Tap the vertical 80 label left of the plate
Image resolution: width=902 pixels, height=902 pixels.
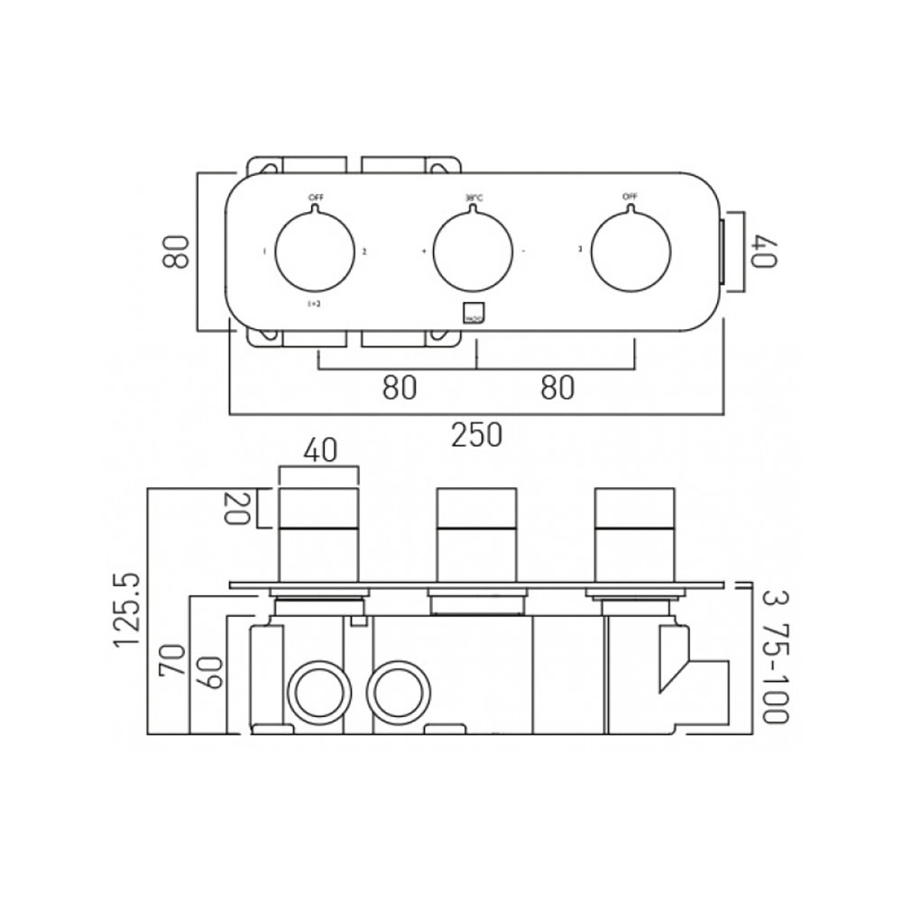(x=176, y=252)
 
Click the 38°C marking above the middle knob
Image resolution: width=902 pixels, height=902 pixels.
(x=474, y=198)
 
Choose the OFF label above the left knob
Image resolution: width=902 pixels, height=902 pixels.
(x=316, y=197)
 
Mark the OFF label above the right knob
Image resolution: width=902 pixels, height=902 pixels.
(x=630, y=197)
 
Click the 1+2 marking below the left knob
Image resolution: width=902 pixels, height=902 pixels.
(x=314, y=305)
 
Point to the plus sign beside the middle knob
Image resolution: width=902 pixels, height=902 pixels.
(x=423, y=251)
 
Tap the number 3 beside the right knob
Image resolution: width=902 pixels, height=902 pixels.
(x=579, y=251)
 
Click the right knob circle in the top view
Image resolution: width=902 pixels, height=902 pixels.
(x=632, y=252)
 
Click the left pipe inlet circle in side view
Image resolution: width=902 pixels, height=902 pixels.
(x=316, y=694)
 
